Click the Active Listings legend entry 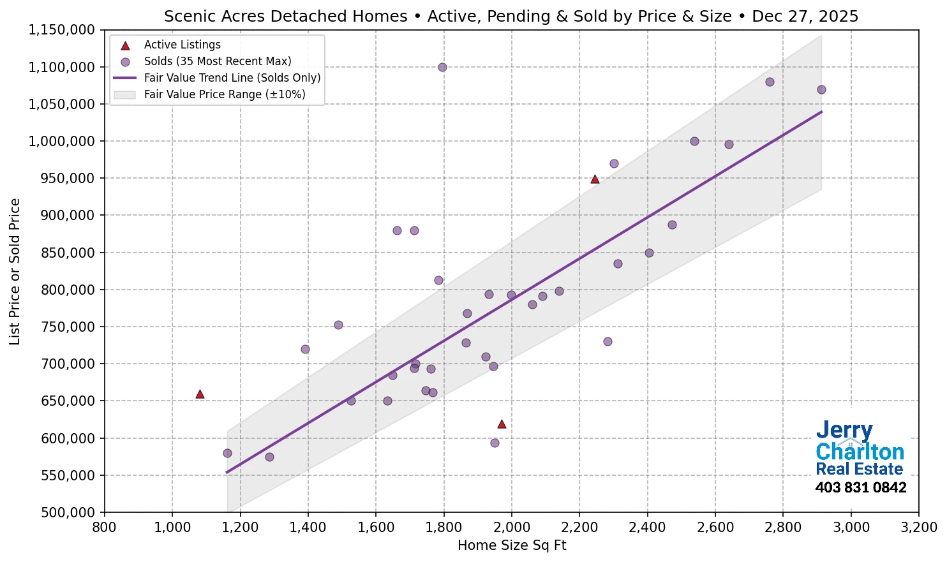click(182, 45)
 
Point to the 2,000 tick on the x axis click(512, 528)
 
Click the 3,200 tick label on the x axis click(919, 528)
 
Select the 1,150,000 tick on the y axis click(62, 30)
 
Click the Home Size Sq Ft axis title click(512, 545)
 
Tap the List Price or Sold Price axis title click(15, 271)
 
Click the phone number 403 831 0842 click(860, 487)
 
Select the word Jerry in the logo click(844, 431)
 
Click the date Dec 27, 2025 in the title click(805, 16)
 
